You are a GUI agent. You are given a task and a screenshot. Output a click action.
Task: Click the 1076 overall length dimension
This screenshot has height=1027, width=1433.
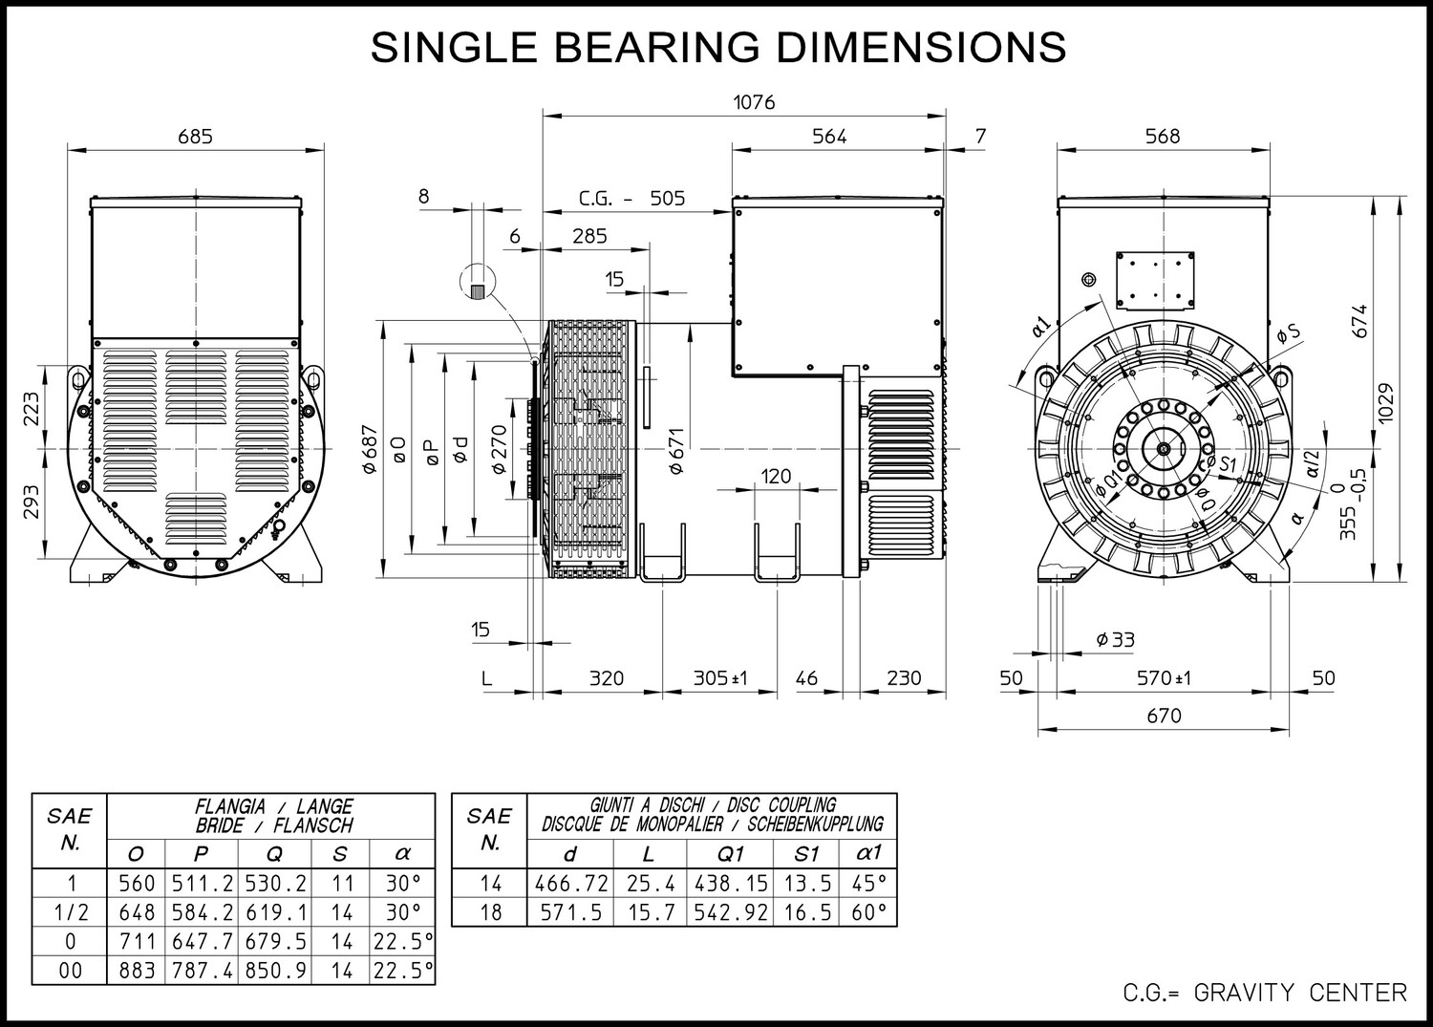click(754, 102)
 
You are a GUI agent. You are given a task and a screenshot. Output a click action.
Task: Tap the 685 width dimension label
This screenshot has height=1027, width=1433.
click(195, 137)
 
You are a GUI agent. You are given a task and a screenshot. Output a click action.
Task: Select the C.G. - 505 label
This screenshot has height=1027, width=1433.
click(631, 199)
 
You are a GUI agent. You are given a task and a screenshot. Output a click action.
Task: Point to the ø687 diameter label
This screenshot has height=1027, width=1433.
click(370, 449)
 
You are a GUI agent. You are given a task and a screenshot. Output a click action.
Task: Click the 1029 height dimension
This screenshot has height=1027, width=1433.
click(1385, 403)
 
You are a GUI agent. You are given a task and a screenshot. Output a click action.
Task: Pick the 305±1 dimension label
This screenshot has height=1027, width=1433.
click(720, 677)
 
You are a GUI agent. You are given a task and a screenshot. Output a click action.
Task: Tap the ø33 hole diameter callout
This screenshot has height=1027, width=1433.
click(1115, 639)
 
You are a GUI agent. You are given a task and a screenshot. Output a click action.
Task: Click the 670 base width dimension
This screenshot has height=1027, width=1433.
click(1164, 716)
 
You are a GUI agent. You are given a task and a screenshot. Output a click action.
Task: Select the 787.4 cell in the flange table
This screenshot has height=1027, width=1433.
click(202, 971)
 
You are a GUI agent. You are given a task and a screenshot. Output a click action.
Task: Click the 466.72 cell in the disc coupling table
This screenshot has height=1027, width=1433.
click(571, 884)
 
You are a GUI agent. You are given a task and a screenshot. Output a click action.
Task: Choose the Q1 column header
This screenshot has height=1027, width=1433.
click(730, 853)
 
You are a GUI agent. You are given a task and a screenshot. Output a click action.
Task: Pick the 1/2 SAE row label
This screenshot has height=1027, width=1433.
click(69, 912)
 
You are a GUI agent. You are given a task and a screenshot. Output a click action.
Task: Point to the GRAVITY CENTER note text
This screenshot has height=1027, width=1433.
click(1300, 993)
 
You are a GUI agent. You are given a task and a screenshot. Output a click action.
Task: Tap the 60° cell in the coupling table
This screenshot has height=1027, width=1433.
click(868, 912)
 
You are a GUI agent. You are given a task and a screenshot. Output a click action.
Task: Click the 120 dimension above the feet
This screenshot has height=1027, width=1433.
click(776, 476)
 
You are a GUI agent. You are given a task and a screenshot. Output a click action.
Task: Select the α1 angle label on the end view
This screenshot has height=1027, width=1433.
click(1041, 327)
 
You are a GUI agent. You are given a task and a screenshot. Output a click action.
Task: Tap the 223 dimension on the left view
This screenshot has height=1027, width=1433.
click(32, 408)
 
